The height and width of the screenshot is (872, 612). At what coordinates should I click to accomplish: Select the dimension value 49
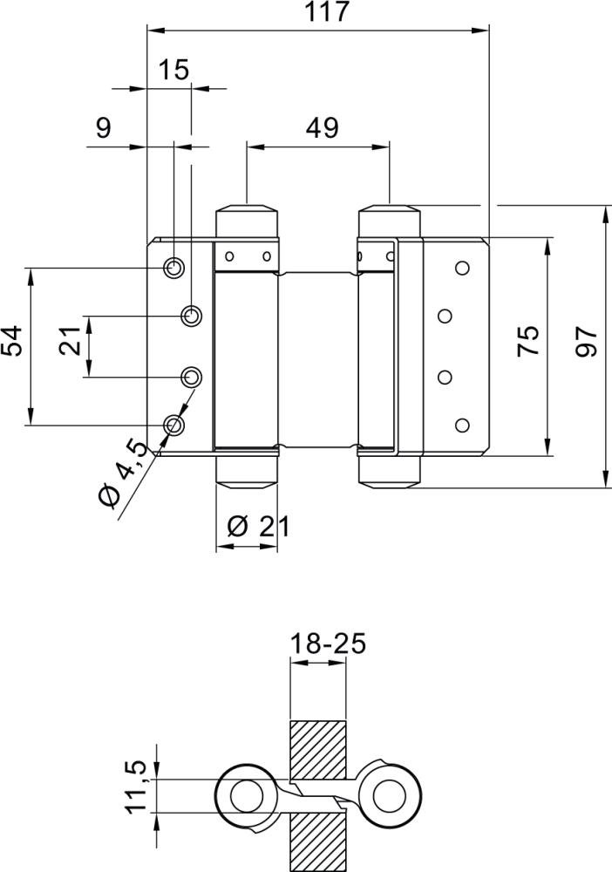click(x=321, y=128)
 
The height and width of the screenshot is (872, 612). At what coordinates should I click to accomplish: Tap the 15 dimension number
click(x=174, y=70)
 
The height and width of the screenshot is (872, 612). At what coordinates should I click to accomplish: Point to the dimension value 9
click(x=103, y=128)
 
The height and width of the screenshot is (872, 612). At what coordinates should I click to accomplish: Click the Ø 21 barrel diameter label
click(x=256, y=526)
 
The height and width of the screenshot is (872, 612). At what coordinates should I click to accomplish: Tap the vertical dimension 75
click(x=528, y=340)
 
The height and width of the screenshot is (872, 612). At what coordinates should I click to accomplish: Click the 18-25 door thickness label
click(x=326, y=644)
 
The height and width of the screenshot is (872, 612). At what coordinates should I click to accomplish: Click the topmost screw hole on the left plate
click(x=174, y=267)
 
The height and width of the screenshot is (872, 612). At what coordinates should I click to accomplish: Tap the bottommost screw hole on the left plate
click(x=174, y=425)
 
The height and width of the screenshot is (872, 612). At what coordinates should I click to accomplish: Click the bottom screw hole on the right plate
click(x=462, y=425)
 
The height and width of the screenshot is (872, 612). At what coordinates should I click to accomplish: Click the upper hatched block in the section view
click(x=317, y=750)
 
